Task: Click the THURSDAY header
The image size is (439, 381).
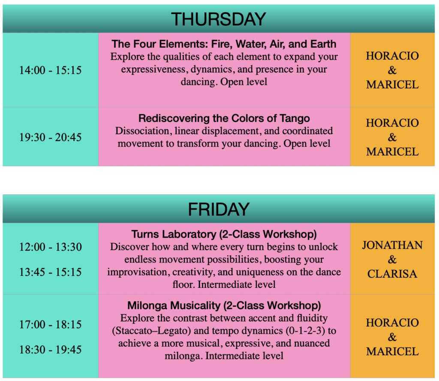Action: [218, 19]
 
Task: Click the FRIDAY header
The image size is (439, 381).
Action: [218, 209]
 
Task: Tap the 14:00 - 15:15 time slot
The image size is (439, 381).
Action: [51, 70]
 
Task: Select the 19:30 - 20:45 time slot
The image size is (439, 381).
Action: [51, 137]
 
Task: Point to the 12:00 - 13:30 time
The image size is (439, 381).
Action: [51, 247]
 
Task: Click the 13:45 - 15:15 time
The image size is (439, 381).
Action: [51, 272]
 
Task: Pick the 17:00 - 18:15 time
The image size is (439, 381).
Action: [51, 324]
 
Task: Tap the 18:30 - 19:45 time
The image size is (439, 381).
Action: [51, 350]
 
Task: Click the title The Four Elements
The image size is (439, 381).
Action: [224, 44]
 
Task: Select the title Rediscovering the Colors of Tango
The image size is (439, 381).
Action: [224, 118]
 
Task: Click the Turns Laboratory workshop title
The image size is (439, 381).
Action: [224, 234]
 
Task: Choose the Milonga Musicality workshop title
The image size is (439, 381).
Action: [224, 305]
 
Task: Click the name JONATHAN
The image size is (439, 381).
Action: [392, 245]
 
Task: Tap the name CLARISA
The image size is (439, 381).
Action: [392, 274]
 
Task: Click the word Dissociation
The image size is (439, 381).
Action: [142, 131]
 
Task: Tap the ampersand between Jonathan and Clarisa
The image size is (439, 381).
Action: [392, 260]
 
